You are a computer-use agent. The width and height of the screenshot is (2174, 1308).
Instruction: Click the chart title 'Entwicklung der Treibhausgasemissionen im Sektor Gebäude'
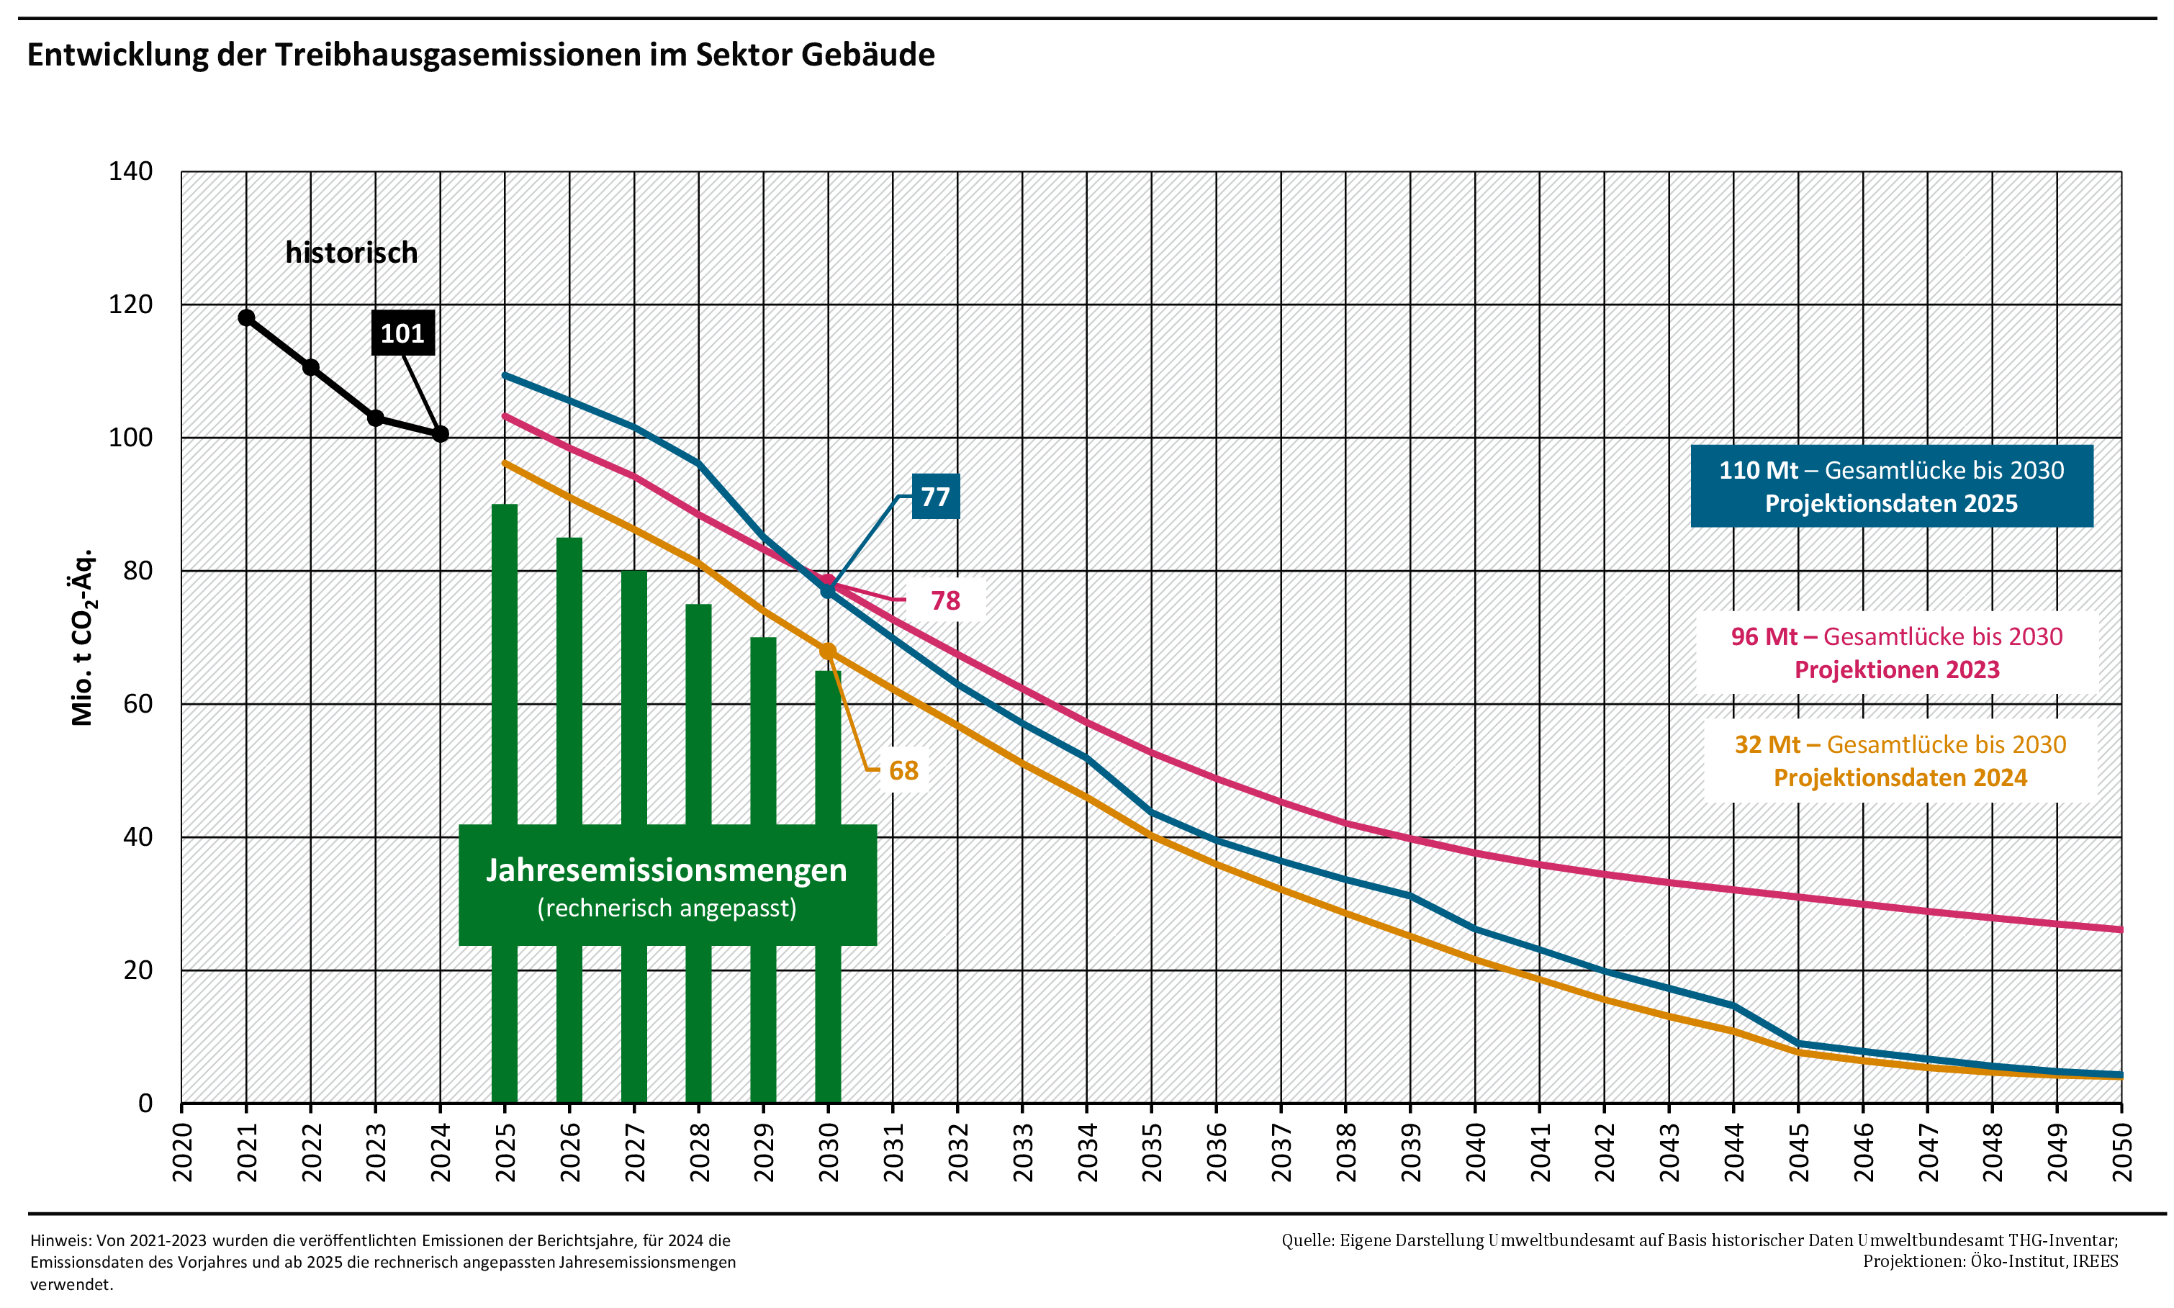click(480, 55)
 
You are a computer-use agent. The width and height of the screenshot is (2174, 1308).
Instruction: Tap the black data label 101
click(402, 333)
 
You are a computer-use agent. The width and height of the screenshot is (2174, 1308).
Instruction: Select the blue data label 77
click(935, 497)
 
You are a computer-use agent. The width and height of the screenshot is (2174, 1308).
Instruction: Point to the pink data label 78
click(944, 601)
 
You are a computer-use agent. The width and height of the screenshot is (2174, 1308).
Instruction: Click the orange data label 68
click(903, 771)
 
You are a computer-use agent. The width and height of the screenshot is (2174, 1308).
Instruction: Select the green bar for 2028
click(698, 714)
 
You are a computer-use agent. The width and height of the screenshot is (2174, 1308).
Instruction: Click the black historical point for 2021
click(247, 318)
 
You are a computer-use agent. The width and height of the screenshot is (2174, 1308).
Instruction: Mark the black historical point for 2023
click(375, 418)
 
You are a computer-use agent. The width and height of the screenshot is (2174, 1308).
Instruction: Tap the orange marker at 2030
click(827, 651)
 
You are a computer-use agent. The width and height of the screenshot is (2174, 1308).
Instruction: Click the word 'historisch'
click(351, 253)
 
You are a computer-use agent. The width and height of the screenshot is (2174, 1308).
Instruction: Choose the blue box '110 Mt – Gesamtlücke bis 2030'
click(1891, 487)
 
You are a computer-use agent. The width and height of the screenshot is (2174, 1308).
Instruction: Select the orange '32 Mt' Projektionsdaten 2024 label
click(1900, 762)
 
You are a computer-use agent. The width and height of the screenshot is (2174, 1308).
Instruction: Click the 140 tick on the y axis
click(130, 171)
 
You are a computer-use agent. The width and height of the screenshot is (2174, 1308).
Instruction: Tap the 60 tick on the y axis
click(137, 704)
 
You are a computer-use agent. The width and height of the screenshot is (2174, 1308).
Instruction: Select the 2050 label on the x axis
click(2122, 1152)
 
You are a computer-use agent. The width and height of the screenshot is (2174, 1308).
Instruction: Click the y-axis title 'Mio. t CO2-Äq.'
click(82, 637)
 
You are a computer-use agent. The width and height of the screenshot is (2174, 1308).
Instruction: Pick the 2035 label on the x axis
click(1152, 1152)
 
